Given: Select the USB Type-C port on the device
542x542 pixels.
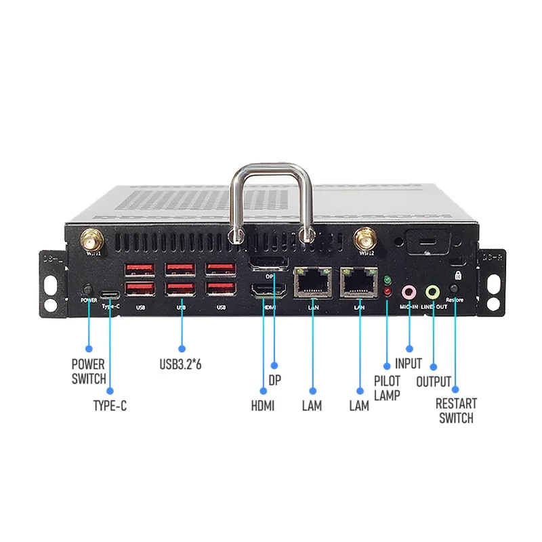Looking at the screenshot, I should tap(109, 295).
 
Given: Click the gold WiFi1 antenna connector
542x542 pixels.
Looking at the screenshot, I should tap(91, 238).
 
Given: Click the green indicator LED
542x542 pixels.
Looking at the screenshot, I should tap(387, 280).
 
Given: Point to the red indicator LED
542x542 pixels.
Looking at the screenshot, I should tap(387, 292).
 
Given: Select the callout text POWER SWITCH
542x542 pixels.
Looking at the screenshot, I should tap(89, 371).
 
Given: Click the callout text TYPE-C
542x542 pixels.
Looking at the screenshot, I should tap(110, 406).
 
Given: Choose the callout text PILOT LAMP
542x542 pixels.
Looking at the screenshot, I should tap(387, 388).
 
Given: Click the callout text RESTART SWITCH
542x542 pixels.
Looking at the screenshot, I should tap(456, 411).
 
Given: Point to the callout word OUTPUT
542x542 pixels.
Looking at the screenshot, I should tap(434, 381).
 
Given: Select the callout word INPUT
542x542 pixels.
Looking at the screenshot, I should tap(409, 364).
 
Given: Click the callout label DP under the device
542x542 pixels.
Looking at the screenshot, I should tap(274, 381).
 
